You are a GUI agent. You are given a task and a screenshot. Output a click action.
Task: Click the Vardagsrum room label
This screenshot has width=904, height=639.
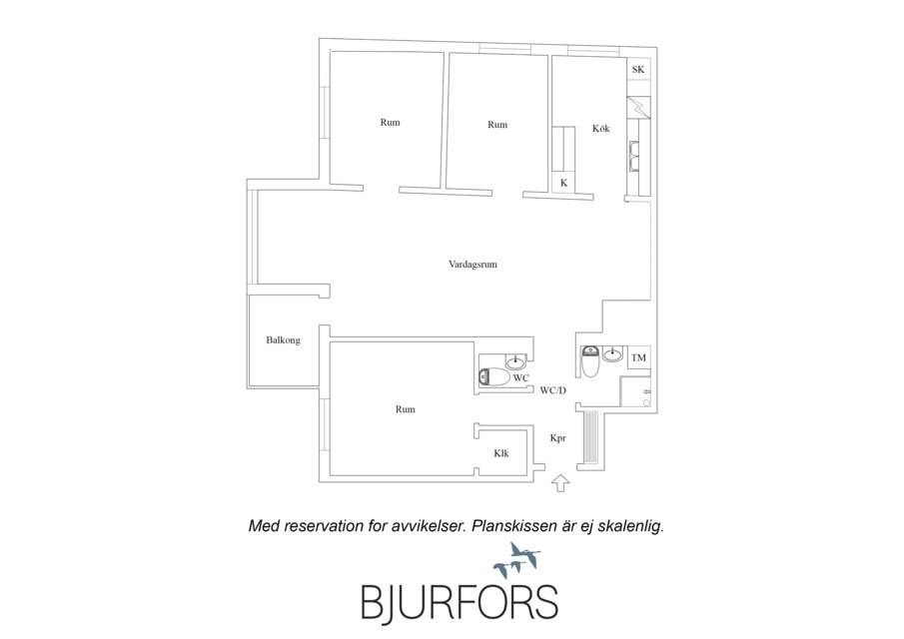click(x=472, y=265)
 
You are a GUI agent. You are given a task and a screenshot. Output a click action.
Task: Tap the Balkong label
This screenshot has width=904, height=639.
click(x=283, y=339)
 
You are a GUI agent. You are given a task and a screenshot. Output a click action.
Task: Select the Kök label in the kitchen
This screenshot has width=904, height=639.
click(x=600, y=129)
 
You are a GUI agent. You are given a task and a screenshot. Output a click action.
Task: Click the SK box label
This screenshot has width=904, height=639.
click(x=638, y=70)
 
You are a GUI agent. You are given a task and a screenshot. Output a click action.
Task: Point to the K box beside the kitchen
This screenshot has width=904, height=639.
click(x=563, y=184)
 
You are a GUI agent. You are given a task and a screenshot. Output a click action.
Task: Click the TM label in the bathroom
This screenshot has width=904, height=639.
click(x=638, y=357)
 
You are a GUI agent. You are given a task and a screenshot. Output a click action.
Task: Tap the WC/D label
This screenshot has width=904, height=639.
click(x=553, y=390)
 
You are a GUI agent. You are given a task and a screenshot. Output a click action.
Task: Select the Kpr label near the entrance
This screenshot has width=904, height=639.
click(x=557, y=438)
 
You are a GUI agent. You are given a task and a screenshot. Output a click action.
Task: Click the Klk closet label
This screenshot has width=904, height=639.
click(x=501, y=453)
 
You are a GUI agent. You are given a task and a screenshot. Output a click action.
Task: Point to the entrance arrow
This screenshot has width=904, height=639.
click(x=560, y=483)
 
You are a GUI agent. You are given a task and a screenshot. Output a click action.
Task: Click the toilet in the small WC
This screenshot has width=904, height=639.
click(x=494, y=376)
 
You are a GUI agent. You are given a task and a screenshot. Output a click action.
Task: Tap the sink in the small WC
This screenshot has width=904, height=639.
click(x=515, y=362)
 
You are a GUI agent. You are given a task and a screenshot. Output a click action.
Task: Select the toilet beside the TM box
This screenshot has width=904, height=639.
click(x=589, y=361)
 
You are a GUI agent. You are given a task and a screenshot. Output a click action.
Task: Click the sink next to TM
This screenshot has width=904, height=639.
click(x=613, y=354)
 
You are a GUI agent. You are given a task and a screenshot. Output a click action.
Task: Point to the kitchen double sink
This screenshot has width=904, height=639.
click(x=634, y=156)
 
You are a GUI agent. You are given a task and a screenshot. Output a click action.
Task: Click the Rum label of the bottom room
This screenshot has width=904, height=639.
click(x=406, y=409)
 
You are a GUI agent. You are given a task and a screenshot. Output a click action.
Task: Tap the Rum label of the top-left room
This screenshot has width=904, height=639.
click(x=391, y=123)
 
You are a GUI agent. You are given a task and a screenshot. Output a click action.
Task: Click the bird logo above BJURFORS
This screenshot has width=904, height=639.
click(x=516, y=560)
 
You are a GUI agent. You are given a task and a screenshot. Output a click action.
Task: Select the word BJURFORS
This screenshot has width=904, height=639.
click(x=459, y=603)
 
